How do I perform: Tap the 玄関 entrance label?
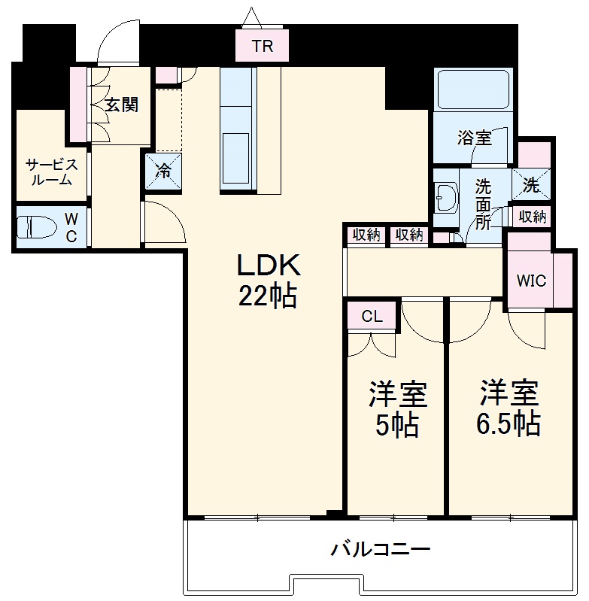click(121, 105)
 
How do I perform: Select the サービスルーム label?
click(51, 172)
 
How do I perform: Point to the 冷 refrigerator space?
click(162, 170)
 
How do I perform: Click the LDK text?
click(269, 265)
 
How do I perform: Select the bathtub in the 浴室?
click(475, 91)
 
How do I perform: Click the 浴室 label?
click(474, 138)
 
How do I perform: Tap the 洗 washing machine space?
click(532, 184)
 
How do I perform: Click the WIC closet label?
click(531, 281)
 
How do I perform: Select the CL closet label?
click(372, 317)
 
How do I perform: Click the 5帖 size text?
click(397, 426)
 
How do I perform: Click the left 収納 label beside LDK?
click(366, 235)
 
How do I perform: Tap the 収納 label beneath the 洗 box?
click(532, 217)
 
